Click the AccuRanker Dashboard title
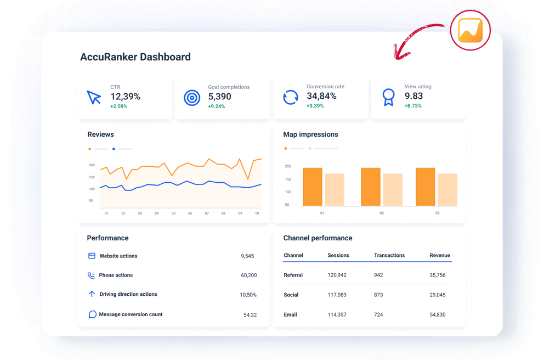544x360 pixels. [x=135, y=57]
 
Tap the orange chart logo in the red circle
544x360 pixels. [x=470, y=29]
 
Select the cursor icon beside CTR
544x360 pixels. [x=94, y=98]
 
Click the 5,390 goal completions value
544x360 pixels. [x=219, y=97]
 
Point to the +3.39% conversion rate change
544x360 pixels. [x=315, y=106]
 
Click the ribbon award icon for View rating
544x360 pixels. [x=388, y=98]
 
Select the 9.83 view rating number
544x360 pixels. [x=413, y=96]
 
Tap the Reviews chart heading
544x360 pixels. [x=100, y=134]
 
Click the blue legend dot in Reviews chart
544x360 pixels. [x=114, y=149]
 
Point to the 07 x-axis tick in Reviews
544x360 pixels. [x=207, y=213]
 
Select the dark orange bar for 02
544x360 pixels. [x=370, y=187]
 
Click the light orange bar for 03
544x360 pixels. [x=447, y=189]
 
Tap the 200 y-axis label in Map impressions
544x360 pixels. [x=288, y=166]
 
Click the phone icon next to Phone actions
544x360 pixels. [x=92, y=275]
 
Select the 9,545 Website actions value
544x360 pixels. [x=247, y=256]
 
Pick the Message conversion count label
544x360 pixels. [x=131, y=314]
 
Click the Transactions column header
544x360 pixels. [x=389, y=256]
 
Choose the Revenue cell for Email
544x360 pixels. [x=438, y=314]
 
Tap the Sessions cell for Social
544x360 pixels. [x=337, y=295]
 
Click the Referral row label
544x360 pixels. [x=293, y=275]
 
